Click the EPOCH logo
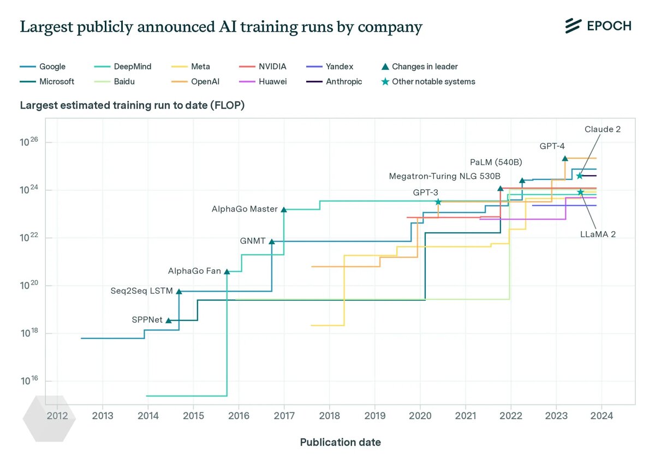(598, 26)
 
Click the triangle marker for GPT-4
(565, 158)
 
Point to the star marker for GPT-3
(438, 202)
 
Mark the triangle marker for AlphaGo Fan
(227, 271)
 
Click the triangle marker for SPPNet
(169, 320)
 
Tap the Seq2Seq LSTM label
(141, 291)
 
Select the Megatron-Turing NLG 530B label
(444, 176)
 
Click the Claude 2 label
(602, 129)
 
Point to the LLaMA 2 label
(598, 234)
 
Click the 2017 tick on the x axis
(284, 415)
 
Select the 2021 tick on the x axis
(465, 415)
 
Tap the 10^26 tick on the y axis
(28, 143)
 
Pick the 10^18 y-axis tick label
(28, 334)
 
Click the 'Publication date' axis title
(340, 442)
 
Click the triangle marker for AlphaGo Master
(283, 209)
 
